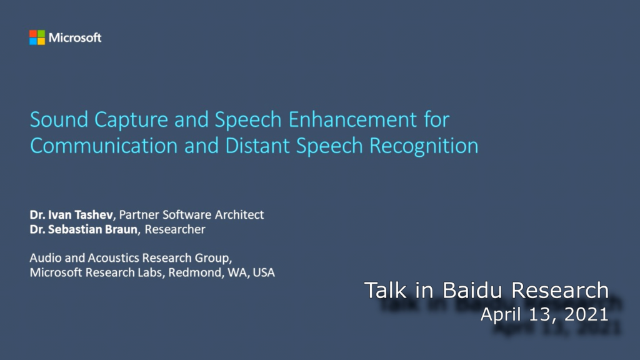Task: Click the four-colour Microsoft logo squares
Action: [37, 37]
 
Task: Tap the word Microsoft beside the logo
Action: [75, 37]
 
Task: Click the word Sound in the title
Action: [56, 119]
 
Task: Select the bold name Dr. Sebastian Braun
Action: [86, 229]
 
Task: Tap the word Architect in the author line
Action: [239, 215]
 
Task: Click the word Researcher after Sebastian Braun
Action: [175, 229]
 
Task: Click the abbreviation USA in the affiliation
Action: [264, 272]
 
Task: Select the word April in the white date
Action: [500, 315]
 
